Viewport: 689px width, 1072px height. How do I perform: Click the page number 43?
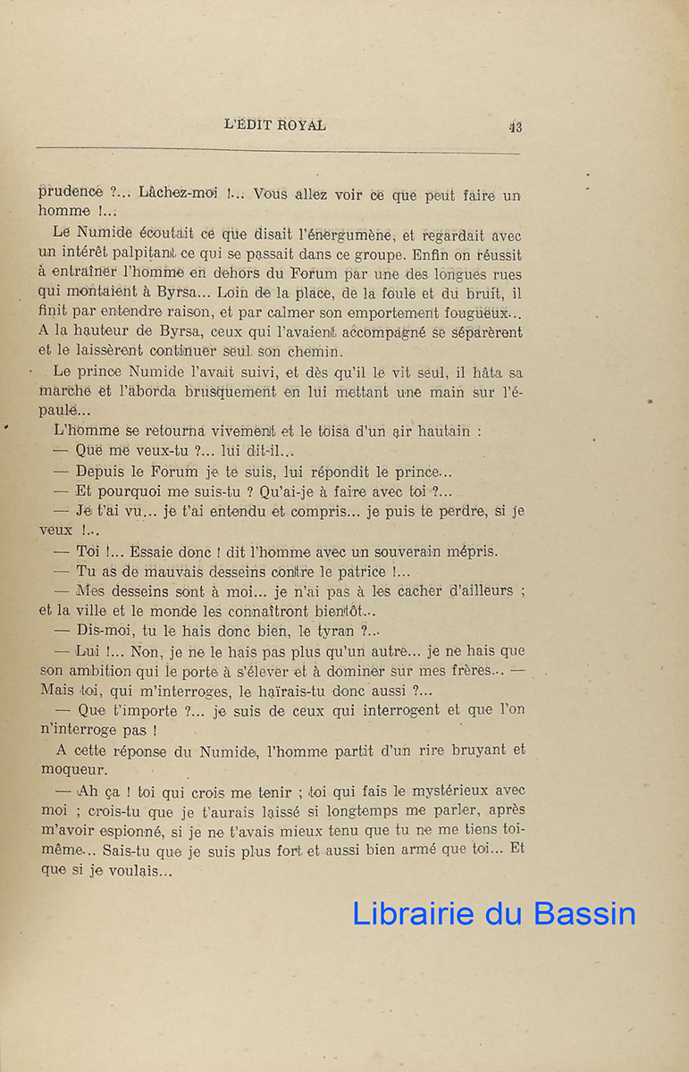pos(515,127)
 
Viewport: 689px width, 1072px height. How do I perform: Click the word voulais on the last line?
pos(138,870)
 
